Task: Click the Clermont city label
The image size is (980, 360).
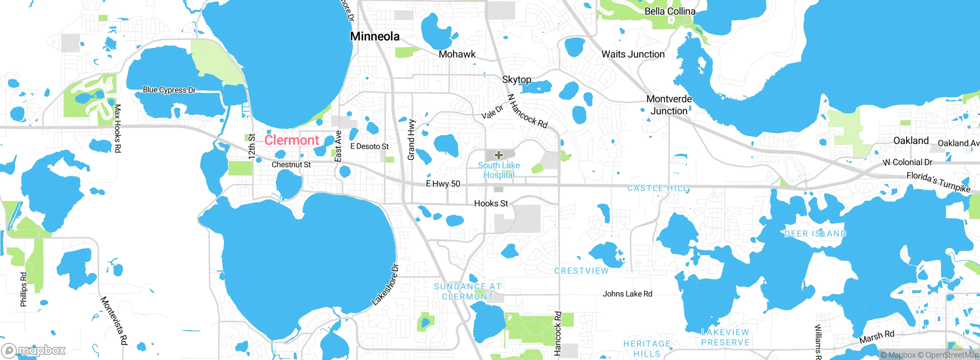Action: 292,140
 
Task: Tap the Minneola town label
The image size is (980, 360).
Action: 375,36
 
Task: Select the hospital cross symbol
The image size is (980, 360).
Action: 498,155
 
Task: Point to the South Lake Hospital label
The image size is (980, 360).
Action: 499,170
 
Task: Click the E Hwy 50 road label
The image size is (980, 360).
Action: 443,184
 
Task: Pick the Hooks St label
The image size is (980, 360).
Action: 491,203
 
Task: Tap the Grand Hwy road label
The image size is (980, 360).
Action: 411,140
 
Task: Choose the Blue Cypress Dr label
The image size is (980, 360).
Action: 169,90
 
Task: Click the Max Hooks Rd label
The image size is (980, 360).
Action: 118,128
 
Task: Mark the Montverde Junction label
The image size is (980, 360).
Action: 669,105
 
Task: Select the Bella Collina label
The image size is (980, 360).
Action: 670,11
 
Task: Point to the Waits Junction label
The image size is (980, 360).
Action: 633,54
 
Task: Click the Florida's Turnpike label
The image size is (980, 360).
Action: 938,182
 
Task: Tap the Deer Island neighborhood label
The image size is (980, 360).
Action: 815,234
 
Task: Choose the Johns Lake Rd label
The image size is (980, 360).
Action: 627,294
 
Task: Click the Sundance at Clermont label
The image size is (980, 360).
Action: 467,291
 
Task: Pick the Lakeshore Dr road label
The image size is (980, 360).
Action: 385,285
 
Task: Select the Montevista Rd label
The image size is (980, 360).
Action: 114,321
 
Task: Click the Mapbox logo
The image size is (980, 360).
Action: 34,350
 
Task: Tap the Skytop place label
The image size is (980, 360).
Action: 516,80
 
